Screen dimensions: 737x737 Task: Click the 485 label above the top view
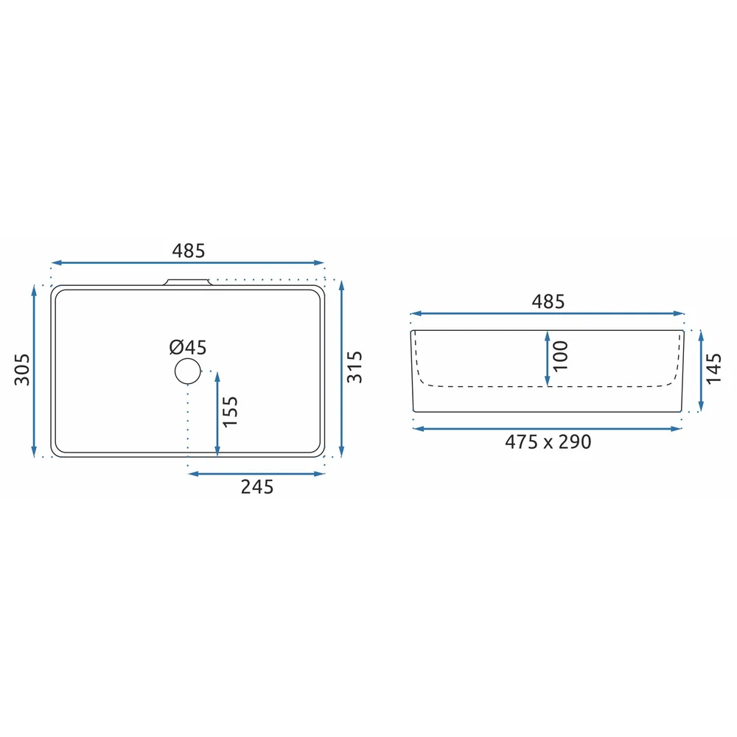(x=189, y=251)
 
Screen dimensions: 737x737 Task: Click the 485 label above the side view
(x=548, y=301)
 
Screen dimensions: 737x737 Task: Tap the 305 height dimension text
(x=22, y=370)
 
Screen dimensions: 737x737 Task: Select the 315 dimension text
(x=354, y=367)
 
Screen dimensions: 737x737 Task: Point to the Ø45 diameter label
(x=188, y=347)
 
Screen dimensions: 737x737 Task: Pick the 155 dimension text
(x=230, y=412)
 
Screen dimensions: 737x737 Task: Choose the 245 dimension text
(x=257, y=487)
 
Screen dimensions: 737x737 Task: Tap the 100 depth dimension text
(x=560, y=356)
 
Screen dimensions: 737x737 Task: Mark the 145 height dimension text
(x=713, y=368)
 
